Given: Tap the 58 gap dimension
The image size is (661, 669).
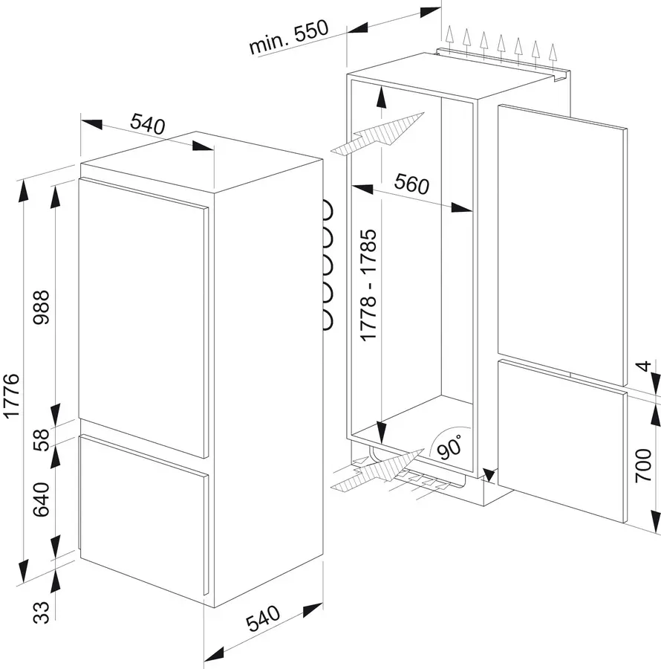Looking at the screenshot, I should click(42, 439).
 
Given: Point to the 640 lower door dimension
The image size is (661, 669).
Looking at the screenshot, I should click(42, 499).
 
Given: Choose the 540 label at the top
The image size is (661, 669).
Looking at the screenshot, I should click(146, 123).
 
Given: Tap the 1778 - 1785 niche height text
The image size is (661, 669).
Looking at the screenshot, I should click(369, 286).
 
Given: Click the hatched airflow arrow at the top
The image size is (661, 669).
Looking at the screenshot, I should click(379, 134).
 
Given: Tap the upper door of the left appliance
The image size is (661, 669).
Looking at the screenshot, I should click(141, 312).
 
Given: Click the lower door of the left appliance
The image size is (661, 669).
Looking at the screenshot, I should click(141, 513).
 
